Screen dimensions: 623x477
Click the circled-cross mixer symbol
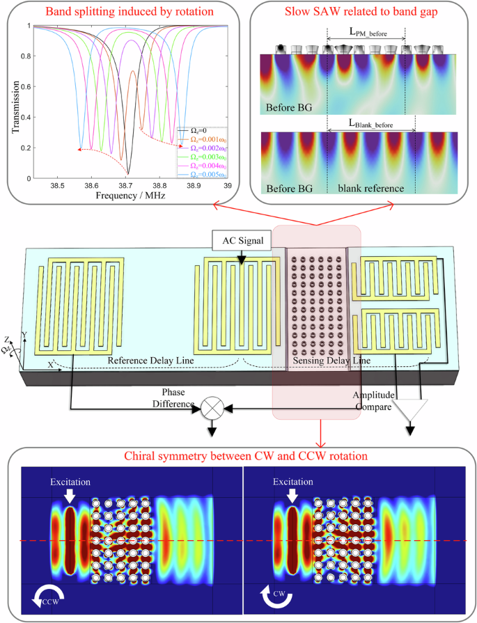(210, 409)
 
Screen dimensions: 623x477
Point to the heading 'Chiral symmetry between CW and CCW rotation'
(241, 457)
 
